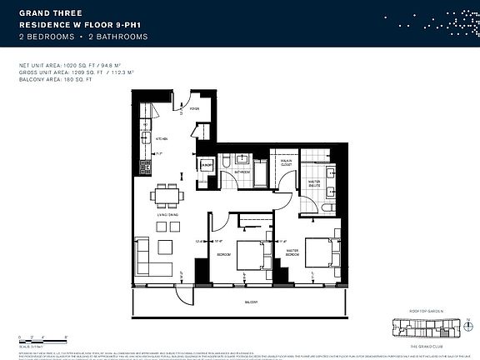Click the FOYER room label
click(194, 109)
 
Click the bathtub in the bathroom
click(259, 176)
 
